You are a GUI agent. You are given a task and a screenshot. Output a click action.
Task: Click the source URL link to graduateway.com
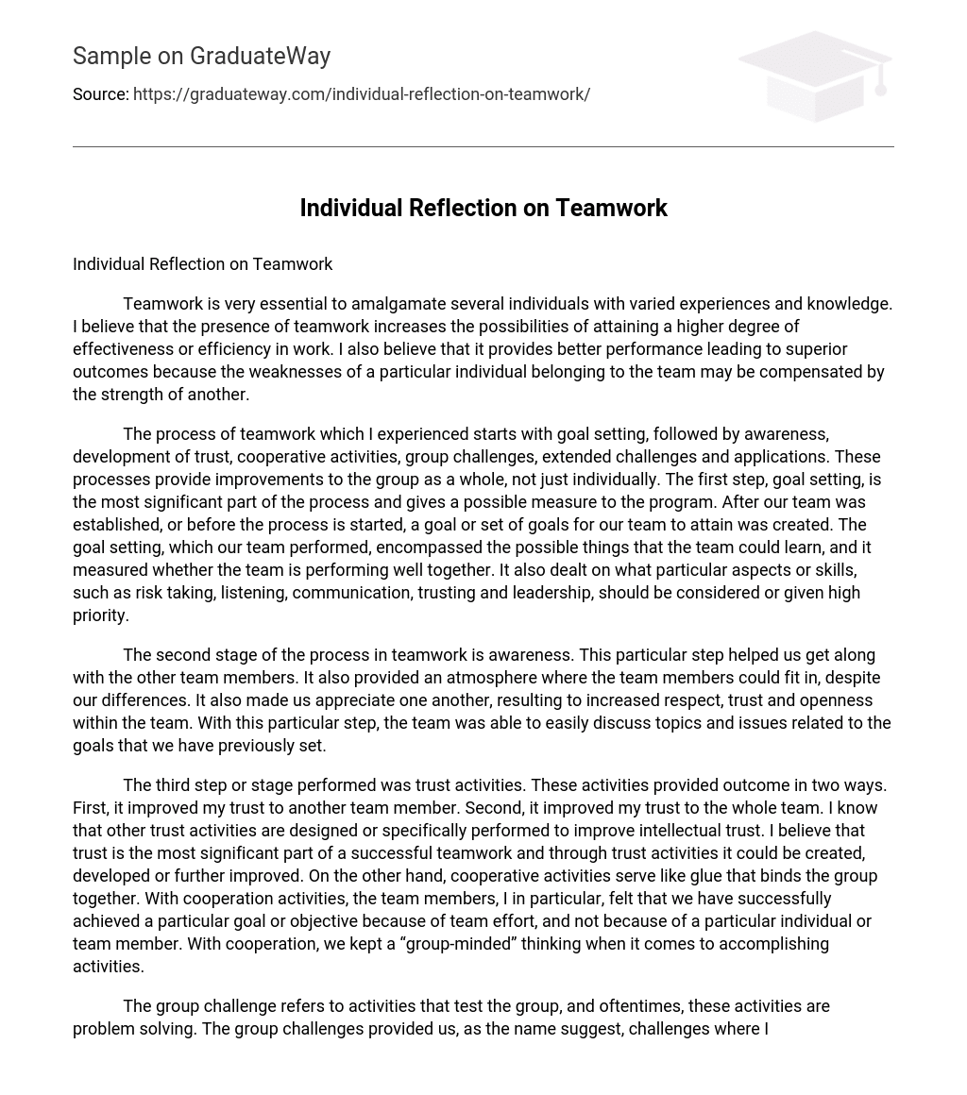[362, 94]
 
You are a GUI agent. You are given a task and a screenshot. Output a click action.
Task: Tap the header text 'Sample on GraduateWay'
[201, 57]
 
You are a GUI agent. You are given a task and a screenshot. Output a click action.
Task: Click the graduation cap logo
[814, 76]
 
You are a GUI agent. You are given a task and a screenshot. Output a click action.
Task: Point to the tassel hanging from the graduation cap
[880, 83]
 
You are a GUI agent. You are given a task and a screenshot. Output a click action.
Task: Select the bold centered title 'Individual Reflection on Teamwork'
[483, 209]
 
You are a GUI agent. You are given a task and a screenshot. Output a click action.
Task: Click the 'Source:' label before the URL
[100, 94]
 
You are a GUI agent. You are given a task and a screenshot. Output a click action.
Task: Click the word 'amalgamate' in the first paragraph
[398, 304]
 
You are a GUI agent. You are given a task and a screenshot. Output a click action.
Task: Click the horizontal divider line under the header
[483, 146]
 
